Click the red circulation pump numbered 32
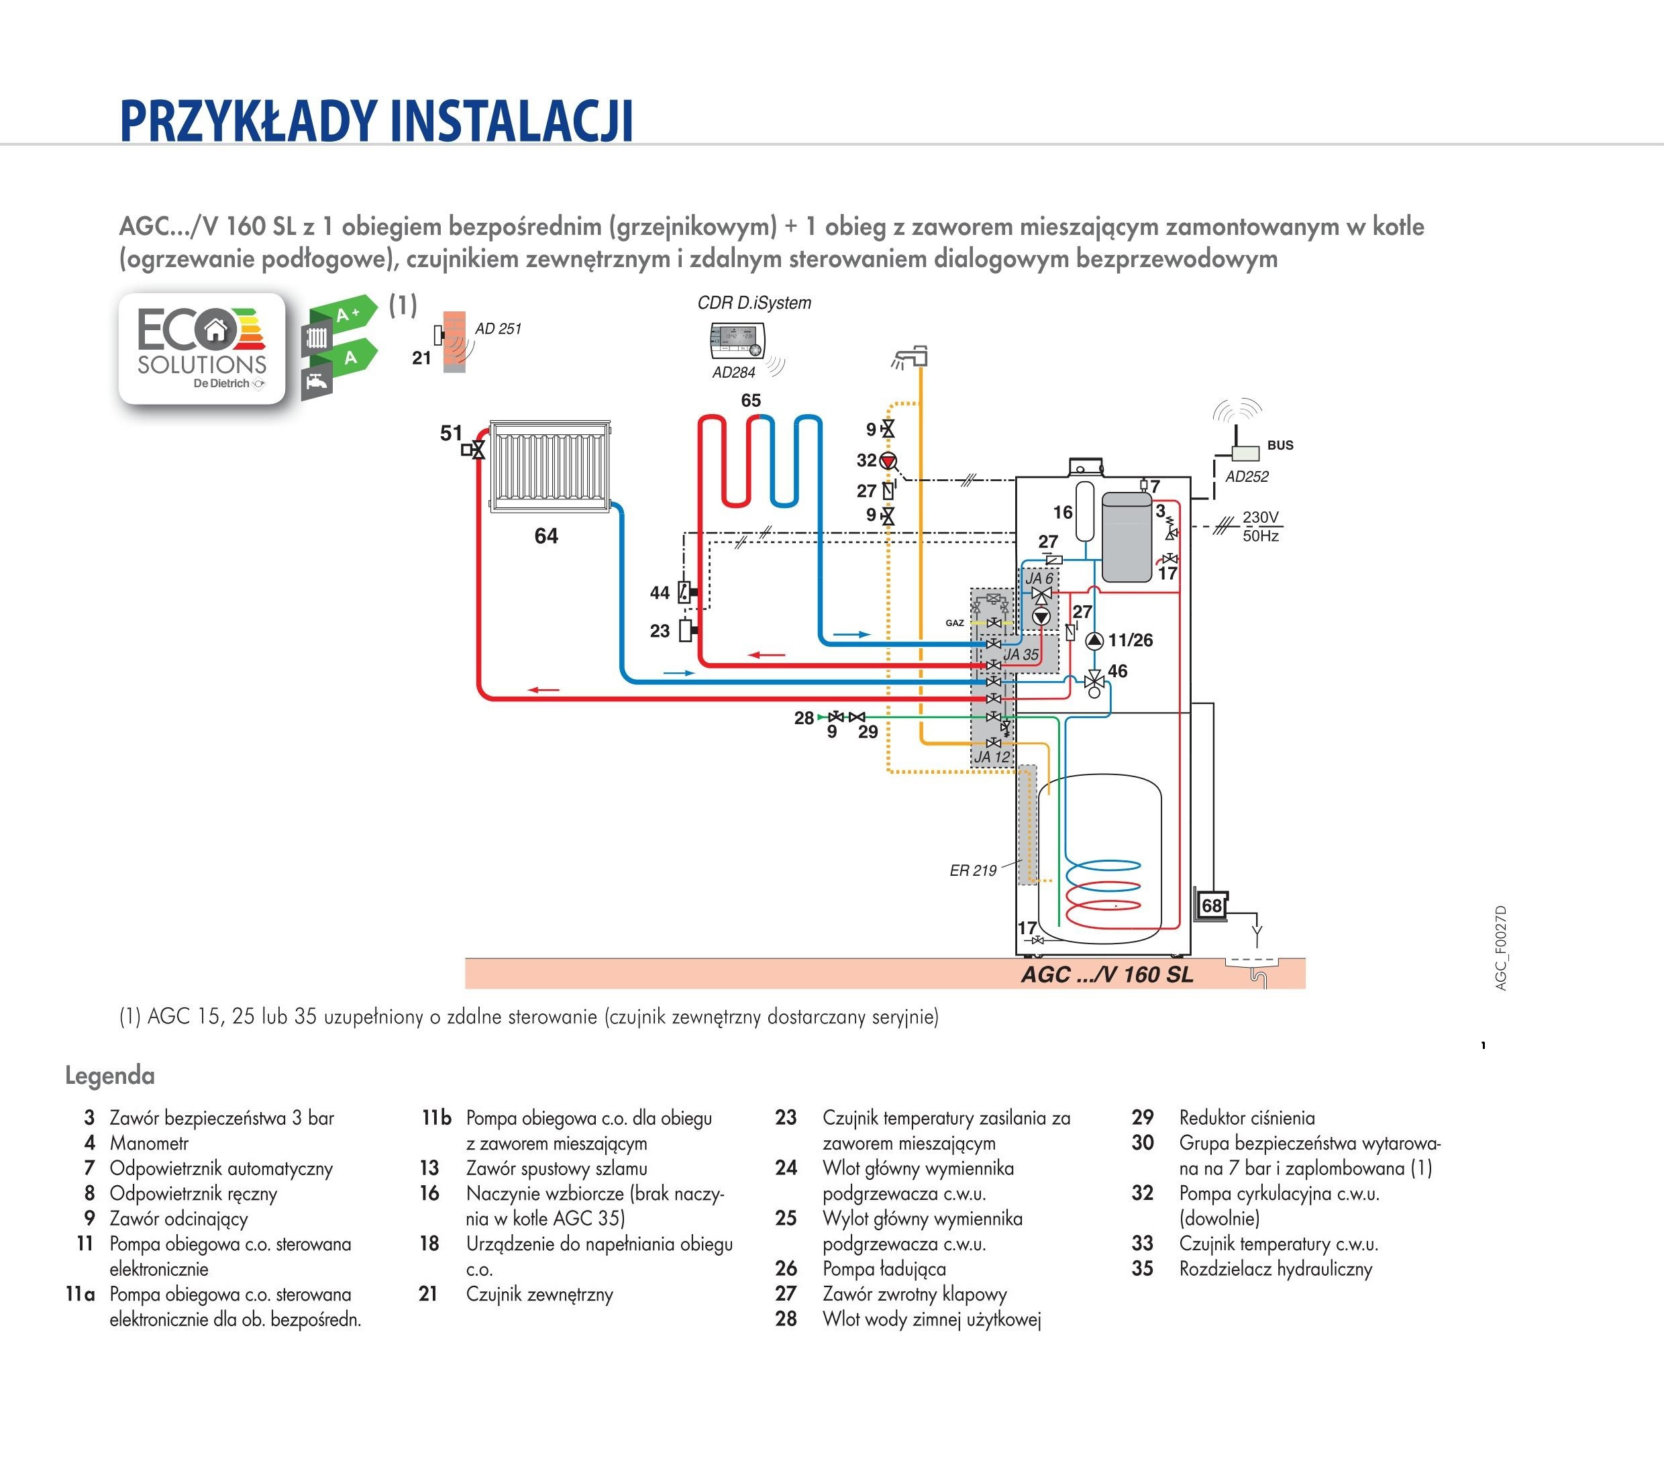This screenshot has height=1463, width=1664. tap(888, 462)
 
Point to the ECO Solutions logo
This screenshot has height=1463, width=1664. tap(202, 348)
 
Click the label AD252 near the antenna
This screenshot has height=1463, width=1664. tap(1247, 477)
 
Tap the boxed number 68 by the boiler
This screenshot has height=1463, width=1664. tap(1211, 906)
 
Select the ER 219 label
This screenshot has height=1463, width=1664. tap(973, 870)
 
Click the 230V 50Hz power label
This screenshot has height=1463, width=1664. tap(1260, 527)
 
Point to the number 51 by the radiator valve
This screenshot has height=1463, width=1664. tap(451, 433)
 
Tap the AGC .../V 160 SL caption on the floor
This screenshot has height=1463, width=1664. tap(1107, 974)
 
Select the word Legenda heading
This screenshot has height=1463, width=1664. tap(110, 1076)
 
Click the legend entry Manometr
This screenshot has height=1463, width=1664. tap(149, 1143)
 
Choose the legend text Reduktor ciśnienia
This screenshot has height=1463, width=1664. tap(1247, 1118)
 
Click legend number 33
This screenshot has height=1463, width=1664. tap(1142, 1243)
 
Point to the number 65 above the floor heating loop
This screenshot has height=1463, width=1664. tap(751, 401)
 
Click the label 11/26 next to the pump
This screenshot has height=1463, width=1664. tap(1130, 641)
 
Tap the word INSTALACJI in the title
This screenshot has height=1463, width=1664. tap(511, 121)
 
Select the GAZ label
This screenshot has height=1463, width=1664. tap(955, 623)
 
